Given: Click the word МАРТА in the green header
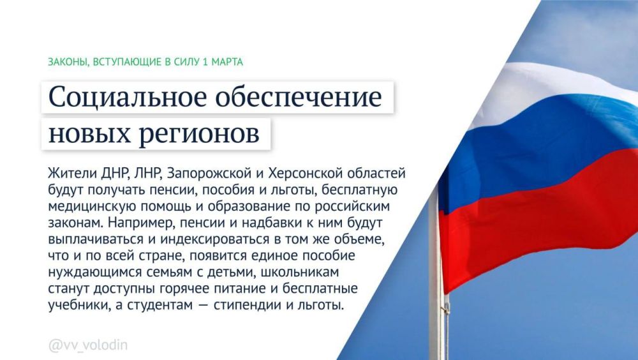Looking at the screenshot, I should click(226, 62).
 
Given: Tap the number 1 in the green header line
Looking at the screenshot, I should click(204, 62).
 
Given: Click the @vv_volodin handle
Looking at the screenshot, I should click(87, 345).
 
